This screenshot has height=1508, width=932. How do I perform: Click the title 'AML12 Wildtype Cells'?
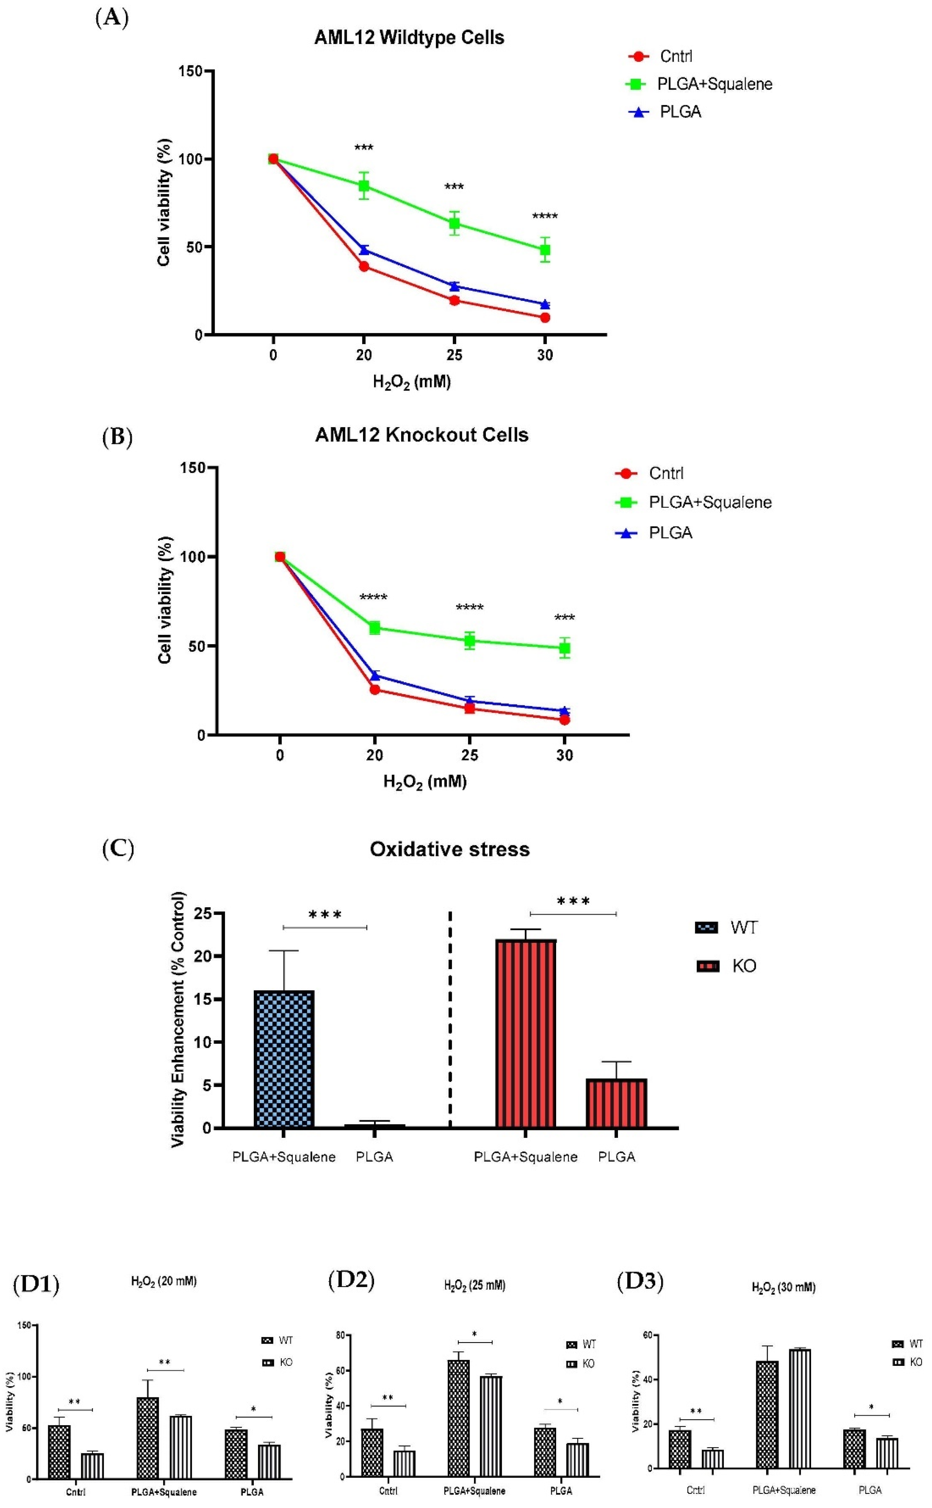pyautogui.click(x=409, y=37)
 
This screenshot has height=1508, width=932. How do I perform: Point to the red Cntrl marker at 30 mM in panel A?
pyautogui.click(x=545, y=317)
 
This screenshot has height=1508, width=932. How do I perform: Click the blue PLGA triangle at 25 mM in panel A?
pyautogui.click(x=454, y=286)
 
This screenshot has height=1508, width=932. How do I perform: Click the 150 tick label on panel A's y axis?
pyautogui.click(x=191, y=72)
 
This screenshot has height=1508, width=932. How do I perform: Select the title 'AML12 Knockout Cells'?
pyautogui.click(x=421, y=435)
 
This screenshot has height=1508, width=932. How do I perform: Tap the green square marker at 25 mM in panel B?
pyautogui.click(x=470, y=640)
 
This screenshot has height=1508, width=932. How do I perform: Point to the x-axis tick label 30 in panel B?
pyautogui.click(x=565, y=755)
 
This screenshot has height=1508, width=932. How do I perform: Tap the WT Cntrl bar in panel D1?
pyautogui.click(x=59, y=1451)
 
